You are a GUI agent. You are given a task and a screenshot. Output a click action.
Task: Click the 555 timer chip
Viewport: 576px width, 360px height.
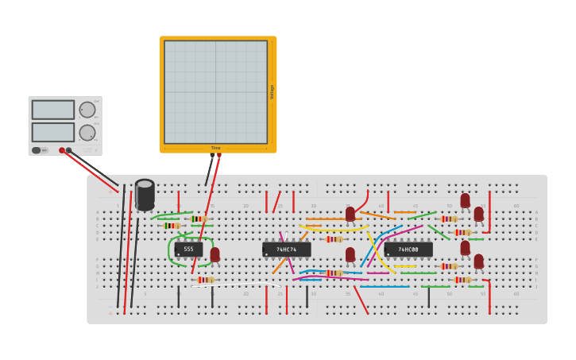(x=188, y=250)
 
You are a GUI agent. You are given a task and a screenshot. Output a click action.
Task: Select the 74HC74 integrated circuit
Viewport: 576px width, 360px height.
(x=286, y=250)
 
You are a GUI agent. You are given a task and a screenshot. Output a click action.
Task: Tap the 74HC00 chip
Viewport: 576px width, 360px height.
(x=408, y=250)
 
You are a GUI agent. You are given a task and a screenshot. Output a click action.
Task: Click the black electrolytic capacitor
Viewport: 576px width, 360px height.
(x=145, y=195)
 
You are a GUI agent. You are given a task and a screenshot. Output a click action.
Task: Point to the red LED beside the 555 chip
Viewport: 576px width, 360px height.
(x=215, y=254)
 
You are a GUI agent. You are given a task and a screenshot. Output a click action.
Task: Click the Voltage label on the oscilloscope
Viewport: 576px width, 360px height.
(x=272, y=91)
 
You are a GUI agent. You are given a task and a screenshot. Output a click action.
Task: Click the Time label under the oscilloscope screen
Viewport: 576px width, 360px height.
(x=216, y=148)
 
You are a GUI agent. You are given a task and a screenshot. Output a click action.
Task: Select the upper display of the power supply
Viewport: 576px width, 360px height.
(x=53, y=110)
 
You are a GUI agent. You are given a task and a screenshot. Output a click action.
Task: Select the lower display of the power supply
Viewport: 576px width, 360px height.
(x=53, y=132)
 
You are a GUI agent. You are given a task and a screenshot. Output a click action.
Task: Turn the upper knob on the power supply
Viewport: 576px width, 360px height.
(x=87, y=110)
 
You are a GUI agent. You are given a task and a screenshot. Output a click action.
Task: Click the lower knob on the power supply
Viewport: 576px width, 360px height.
(x=87, y=133)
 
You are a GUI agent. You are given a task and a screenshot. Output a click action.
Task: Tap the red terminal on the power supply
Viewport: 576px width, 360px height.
(x=62, y=150)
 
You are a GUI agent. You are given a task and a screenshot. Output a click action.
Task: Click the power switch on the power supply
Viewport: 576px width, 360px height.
(x=37, y=150)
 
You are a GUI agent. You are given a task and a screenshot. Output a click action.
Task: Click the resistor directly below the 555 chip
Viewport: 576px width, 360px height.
(x=206, y=280)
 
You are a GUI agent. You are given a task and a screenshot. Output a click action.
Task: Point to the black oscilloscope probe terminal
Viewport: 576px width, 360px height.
(x=212, y=156)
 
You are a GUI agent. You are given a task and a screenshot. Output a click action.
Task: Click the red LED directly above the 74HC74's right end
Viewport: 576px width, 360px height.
(x=350, y=214)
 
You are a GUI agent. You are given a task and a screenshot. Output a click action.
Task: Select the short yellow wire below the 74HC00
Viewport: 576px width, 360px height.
(x=404, y=266)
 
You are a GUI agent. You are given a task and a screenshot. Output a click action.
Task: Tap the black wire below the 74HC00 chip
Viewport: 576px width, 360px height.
(x=429, y=296)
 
